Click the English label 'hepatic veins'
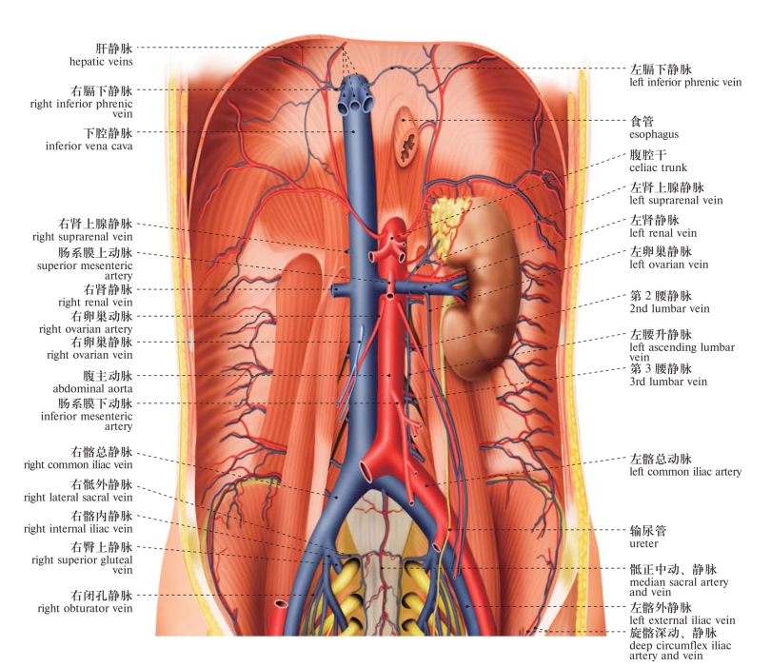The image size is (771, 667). [101, 62]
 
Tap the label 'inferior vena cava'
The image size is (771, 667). [89, 146]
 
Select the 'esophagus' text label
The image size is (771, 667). [654, 134]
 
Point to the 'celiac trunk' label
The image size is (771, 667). [658, 167]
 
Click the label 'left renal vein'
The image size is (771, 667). [662, 233]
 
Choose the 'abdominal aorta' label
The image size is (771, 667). [92, 388]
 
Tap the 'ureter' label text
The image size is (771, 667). [643, 543]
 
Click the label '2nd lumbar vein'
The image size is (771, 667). [669, 308]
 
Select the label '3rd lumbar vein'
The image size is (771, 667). [668, 382]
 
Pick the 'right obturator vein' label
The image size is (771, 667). [85, 608]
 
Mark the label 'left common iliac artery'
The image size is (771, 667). [685, 472]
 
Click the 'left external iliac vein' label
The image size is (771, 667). [682, 620]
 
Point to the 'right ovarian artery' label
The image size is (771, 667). [86, 329]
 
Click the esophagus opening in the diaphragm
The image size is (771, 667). [407, 137]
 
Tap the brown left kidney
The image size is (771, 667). [484, 290]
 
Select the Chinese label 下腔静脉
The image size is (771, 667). [108, 133]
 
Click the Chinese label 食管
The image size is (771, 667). [642, 121]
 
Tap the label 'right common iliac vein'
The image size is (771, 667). [78, 464]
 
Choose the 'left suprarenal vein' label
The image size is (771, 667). [676, 200]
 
